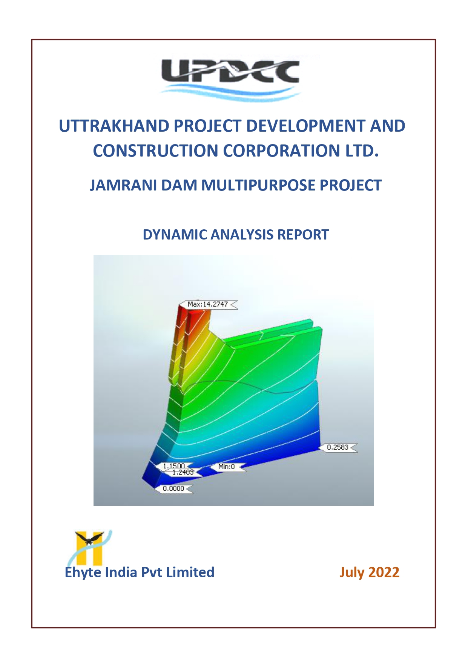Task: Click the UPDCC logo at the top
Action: [x=230, y=79]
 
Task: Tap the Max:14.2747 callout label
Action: [x=208, y=304]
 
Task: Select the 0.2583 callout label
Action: [x=338, y=447]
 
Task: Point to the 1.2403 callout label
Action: [x=183, y=472]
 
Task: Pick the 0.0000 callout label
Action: [x=173, y=489]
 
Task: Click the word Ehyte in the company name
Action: [x=83, y=573]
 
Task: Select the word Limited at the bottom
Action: [x=190, y=572]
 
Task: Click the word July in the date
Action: [x=352, y=573]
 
